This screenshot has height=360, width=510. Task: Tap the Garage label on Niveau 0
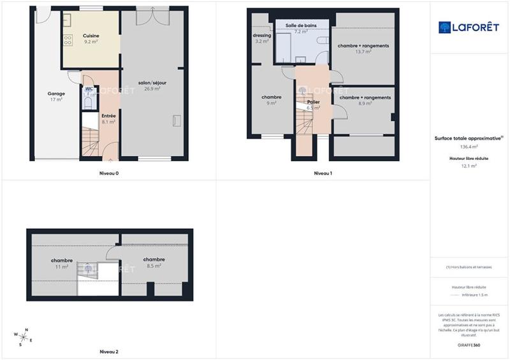coord(56,93)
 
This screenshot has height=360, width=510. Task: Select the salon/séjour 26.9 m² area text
coord(152,89)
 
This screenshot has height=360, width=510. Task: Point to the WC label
coord(89,89)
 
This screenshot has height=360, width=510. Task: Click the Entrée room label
coord(108,115)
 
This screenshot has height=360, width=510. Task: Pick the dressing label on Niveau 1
coord(262,36)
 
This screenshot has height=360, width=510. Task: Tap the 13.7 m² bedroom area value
coord(363,52)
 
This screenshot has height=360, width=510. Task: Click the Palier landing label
coord(313,102)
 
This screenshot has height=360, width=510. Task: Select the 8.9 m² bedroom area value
coord(364,103)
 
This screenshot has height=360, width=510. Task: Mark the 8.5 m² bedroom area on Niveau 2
coord(154,266)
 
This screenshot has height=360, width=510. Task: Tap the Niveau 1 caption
coord(323,173)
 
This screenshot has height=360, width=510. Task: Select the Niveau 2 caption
coord(108,352)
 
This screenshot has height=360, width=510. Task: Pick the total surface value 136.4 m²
coord(469,147)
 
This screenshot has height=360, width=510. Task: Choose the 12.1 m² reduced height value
coord(469,166)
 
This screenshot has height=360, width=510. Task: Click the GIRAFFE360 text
coord(469,344)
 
